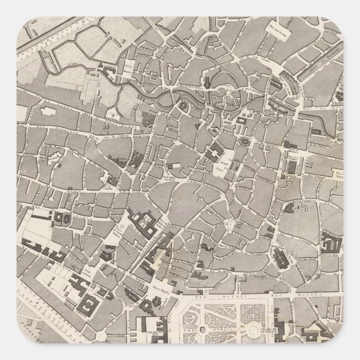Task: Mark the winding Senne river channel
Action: tap(162, 92)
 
